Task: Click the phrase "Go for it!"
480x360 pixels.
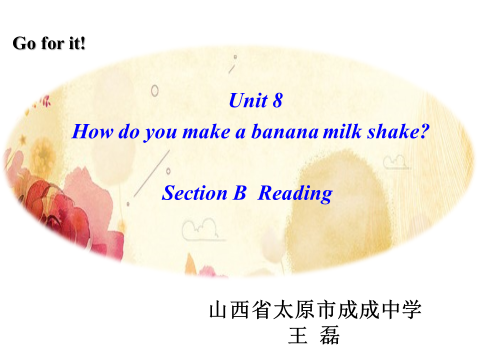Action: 48,43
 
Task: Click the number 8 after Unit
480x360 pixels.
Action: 277,100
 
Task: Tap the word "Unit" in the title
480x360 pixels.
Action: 248,100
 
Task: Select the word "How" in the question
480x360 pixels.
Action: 92,131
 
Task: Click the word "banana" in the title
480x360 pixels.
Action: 284,131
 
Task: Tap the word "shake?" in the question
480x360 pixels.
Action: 398,131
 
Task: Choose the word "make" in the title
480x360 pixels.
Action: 206,132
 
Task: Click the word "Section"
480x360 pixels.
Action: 194,193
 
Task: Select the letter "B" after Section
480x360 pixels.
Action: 239,193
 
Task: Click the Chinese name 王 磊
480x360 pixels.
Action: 314,335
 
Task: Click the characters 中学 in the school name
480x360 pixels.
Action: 401,310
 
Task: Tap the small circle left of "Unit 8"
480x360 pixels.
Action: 154,90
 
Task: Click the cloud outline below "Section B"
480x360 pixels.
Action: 200,229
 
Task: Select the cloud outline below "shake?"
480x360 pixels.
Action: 395,161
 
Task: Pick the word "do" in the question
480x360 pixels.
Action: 129,131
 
